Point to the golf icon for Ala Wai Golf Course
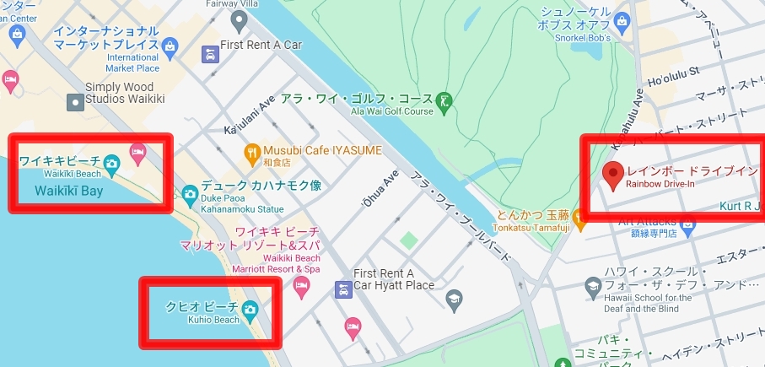tap(445, 101)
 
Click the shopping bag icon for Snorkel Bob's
tap(623, 19)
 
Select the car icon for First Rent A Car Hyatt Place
tap(342, 290)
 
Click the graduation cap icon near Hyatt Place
tap(455, 298)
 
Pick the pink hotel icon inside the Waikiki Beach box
tap(138, 152)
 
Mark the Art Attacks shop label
tap(647, 220)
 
